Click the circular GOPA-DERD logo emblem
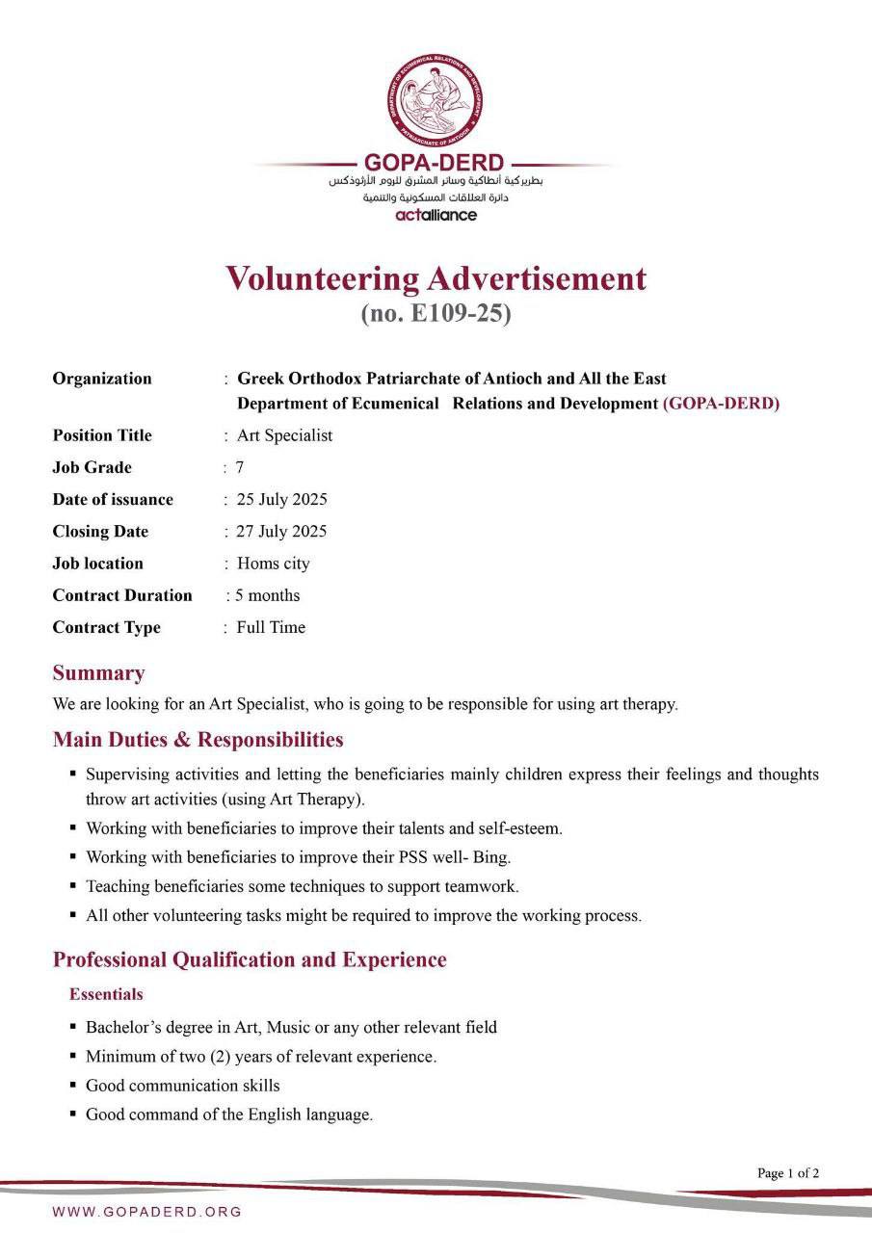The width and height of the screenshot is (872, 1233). pyautogui.click(x=436, y=100)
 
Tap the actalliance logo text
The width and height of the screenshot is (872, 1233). pyautogui.click(x=436, y=215)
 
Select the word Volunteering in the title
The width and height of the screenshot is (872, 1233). pyautogui.click(x=322, y=278)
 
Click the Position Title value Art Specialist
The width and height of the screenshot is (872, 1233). pyautogui.click(x=284, y=435)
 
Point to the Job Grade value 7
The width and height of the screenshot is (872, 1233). pyautogui.click(x=240, y=467)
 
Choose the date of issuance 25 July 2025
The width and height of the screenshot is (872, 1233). pyautogui.click(x=281, y=499)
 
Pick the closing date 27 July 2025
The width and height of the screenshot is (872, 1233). pyautogui.click(x=281, y=531)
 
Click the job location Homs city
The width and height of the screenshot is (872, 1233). pyautogui.click(x=274, y=564)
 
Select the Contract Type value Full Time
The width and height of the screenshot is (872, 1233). pyautogui.click(x=271, y=627)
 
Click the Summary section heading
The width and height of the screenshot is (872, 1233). pyautogui.click(x=98, y=672)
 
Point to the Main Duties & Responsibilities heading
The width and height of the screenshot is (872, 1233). pyautogui.click(x=198, y=740)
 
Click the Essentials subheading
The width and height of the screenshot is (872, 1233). pyautogui.click(x=106, y=994)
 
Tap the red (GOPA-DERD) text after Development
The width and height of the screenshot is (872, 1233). pyautogui.click(x=721, y=404)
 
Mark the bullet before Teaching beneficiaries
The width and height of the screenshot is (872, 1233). pyautogui.click(x=73, y=885)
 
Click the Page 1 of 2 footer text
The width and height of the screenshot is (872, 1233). pyautogui.click(x=788, y=1173)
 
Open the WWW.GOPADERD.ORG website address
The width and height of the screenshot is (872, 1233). pyautogui.click(x=147, y=1212)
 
